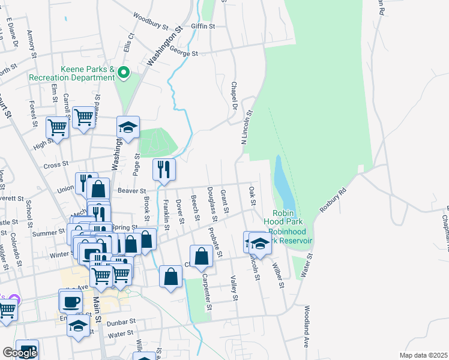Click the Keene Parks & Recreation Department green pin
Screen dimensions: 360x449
pyautogui.click(x=124, y=73)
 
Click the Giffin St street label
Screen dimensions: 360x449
pyautogui.click(x=203, y=26)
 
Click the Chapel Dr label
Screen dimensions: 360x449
pyautogui.click(x=232, y=96)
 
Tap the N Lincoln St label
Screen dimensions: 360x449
pyautogui.click(x=247, y=127)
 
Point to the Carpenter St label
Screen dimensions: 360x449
pyautogui.click(x=207, y=292)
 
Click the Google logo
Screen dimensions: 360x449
pyautogui.click(x=20, y=353)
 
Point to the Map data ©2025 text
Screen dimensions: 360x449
pyautogui.click(x=423, y=355)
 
